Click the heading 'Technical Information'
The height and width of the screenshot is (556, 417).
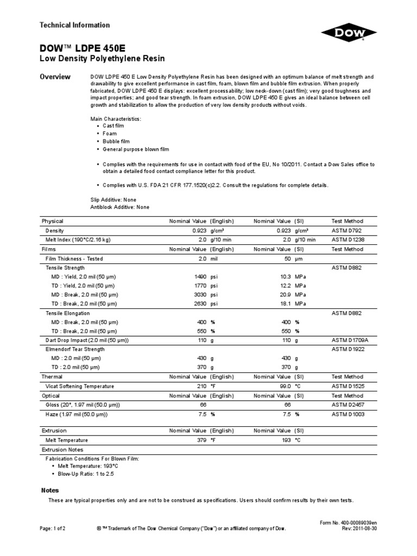point(75,25)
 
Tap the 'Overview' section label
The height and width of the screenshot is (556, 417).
point(56,77)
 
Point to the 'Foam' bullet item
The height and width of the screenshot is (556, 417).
point(110,133)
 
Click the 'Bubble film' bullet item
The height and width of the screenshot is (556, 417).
point(117,141)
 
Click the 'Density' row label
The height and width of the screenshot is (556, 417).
point(55,230)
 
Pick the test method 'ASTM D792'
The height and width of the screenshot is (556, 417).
point(347,230)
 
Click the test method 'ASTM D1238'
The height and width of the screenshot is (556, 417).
point(349,239)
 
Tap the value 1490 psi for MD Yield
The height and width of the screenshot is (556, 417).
point(198,277)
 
